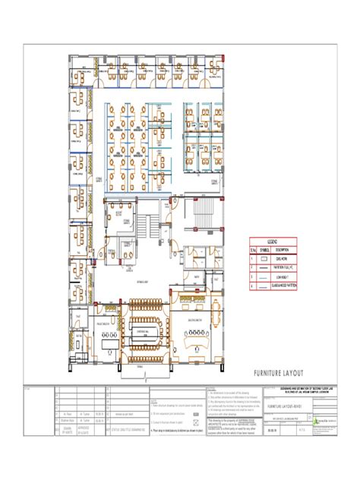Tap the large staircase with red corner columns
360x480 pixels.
(x=201, y=209)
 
